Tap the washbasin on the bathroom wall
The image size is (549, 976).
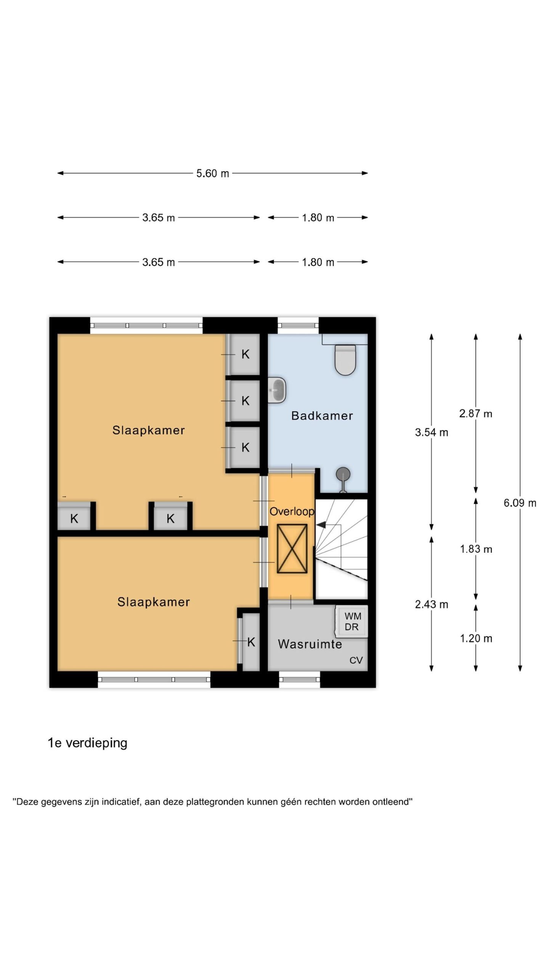point(277,390)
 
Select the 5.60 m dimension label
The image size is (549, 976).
point(213,173)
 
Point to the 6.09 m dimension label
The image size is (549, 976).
point(520,503)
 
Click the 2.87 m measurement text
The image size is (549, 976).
point(476,414)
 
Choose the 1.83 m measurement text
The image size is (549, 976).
point(476,549)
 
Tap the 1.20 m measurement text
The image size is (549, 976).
point(476,638)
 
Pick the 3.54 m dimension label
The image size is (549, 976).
point(432,432)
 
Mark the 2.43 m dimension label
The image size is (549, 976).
point(432,604)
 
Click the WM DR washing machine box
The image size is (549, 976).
point(352,621)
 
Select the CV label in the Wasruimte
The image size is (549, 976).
point(356,660)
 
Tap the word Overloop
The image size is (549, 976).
point(292,512)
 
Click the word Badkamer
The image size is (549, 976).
point(322,416)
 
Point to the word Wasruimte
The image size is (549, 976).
point(310,644)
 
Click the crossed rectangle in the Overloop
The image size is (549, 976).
point(292,549)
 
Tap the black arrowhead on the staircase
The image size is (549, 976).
point(321,525)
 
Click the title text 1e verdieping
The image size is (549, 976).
point(87,743)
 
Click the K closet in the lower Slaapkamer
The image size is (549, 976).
point(251,642)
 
